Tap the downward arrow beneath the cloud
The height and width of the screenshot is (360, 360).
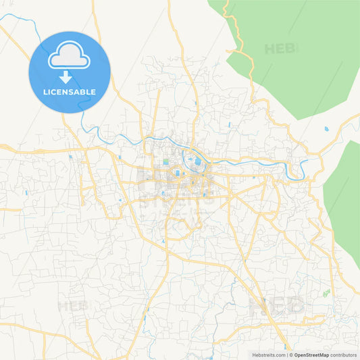point(69,76)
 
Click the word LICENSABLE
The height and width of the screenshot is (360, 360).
point(69,92)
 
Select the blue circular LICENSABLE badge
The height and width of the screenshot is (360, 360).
point(69,72)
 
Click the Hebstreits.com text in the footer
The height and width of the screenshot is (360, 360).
point(269,355)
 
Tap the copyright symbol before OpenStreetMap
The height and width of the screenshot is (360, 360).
point(291,355)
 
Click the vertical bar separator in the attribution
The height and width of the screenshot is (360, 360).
point(286,355)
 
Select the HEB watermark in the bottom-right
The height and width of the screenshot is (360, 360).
point(277,306)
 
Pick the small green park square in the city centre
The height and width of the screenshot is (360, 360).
point(165,162)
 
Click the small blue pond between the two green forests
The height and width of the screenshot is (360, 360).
point(326,128)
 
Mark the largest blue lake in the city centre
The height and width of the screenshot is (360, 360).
point(197,161)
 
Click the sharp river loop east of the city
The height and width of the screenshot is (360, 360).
point(301,169)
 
